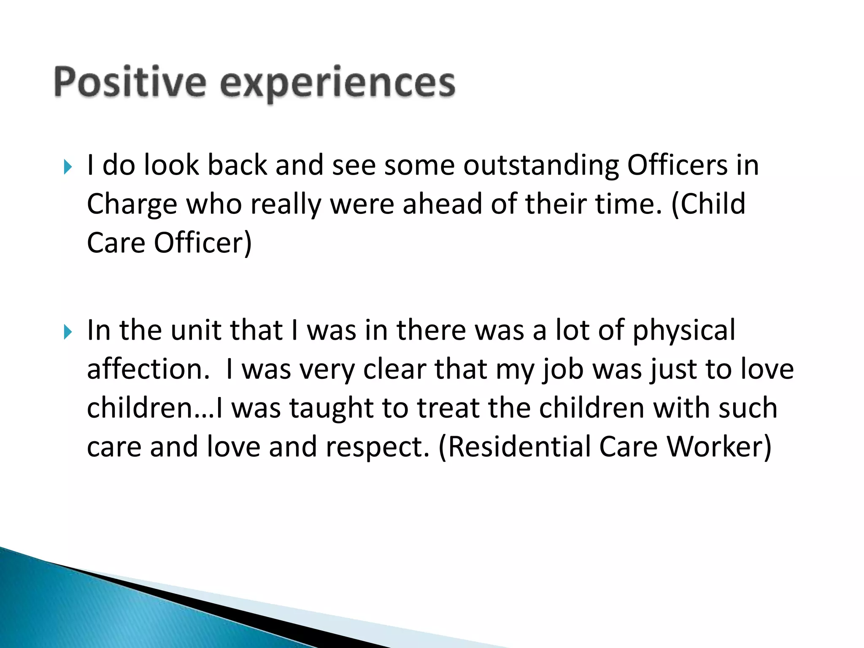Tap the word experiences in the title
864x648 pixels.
pos(337,83)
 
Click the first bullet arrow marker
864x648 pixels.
pos(67,167)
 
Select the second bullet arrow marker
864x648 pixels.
pos(67,332)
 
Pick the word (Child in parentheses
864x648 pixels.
pos(709,204)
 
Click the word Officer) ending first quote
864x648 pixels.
pos(202,243)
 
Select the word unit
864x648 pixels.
pos(196,330)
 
